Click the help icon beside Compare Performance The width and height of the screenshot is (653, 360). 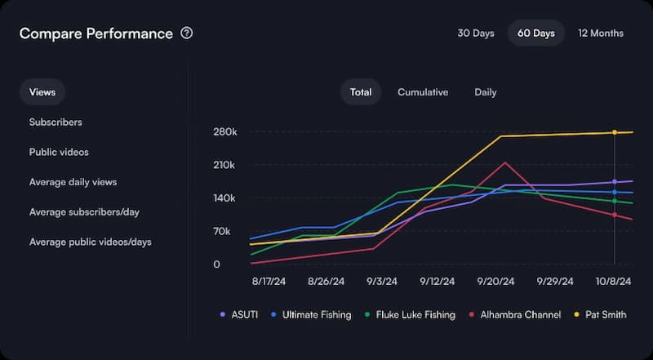[x=187, y=33]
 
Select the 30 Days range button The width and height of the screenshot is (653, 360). [x=476, y=33]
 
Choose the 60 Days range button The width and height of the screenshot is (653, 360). [x=535, y=33]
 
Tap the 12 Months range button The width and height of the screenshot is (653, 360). [x=601, y=33]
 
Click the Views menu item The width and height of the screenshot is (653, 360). [x=42, y=92]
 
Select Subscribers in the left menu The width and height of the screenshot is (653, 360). [x=56, y=122]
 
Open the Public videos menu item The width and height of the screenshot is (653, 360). [x=59, y=153]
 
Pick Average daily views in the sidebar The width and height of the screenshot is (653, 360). [x=73, y=182]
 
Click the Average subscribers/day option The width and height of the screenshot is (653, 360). [x=84, y=212]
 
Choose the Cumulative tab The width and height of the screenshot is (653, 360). [x=423, y=92]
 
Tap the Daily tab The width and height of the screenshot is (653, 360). [x=486, y=92]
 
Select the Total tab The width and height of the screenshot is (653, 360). [x=361, y=92]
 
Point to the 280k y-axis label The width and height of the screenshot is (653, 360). [x=225, y=132]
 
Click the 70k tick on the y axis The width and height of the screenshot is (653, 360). [x=228, y=232]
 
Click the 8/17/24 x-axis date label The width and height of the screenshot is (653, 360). [x=269, y=281]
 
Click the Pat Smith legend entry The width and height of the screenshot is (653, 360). [x=601, y=314]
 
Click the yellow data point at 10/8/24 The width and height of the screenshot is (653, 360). [x=615, y=132]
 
